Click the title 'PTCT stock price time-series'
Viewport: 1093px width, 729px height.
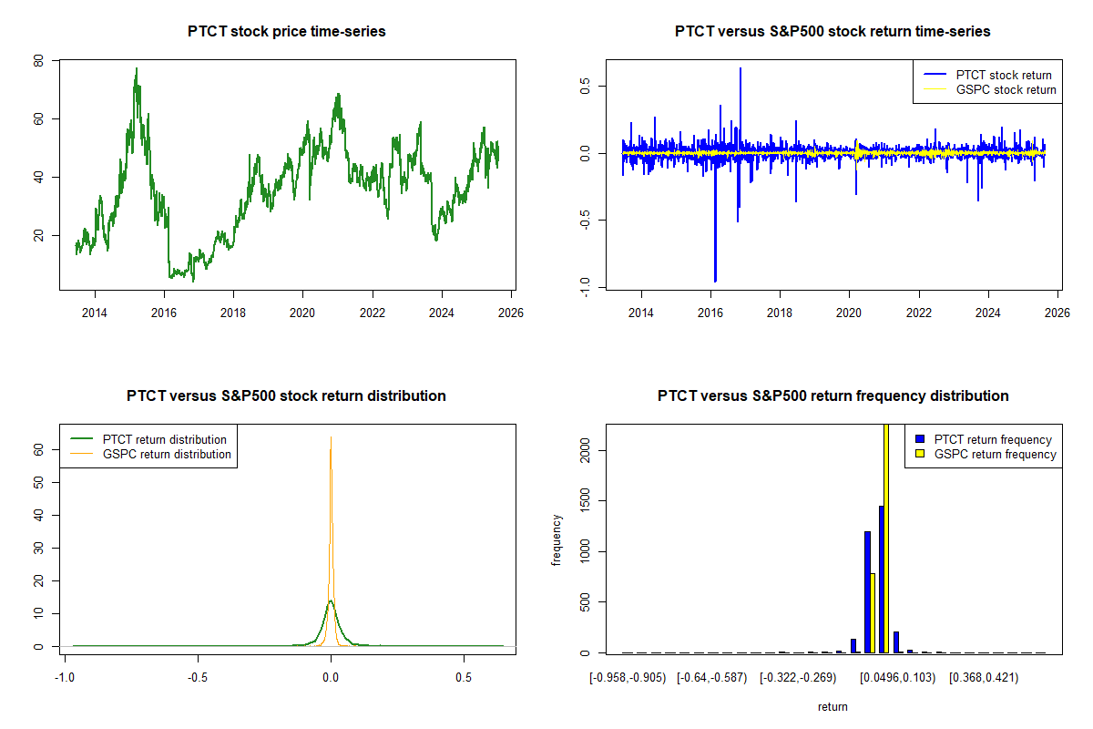(286, 32)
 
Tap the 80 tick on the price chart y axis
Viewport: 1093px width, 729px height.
(38, 61)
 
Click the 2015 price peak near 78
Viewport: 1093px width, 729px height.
(136, 68)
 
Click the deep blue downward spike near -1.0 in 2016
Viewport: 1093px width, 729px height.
(715, 280)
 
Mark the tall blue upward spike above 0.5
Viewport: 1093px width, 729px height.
(740, 69)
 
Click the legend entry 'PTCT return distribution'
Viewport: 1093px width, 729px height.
(165, 439)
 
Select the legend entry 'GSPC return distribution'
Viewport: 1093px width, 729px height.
(167, 454)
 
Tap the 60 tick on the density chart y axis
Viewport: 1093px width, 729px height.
(38, 449)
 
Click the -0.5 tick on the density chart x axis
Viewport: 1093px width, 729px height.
(199, 677)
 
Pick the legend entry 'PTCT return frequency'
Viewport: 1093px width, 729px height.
(993, 439)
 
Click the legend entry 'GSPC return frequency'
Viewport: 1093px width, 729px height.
(995, 454)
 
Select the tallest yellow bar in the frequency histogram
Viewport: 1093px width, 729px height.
(886, 538)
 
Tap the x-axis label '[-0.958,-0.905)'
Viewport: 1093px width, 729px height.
(628, 677)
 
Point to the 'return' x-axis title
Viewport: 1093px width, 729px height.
(833, 706)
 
